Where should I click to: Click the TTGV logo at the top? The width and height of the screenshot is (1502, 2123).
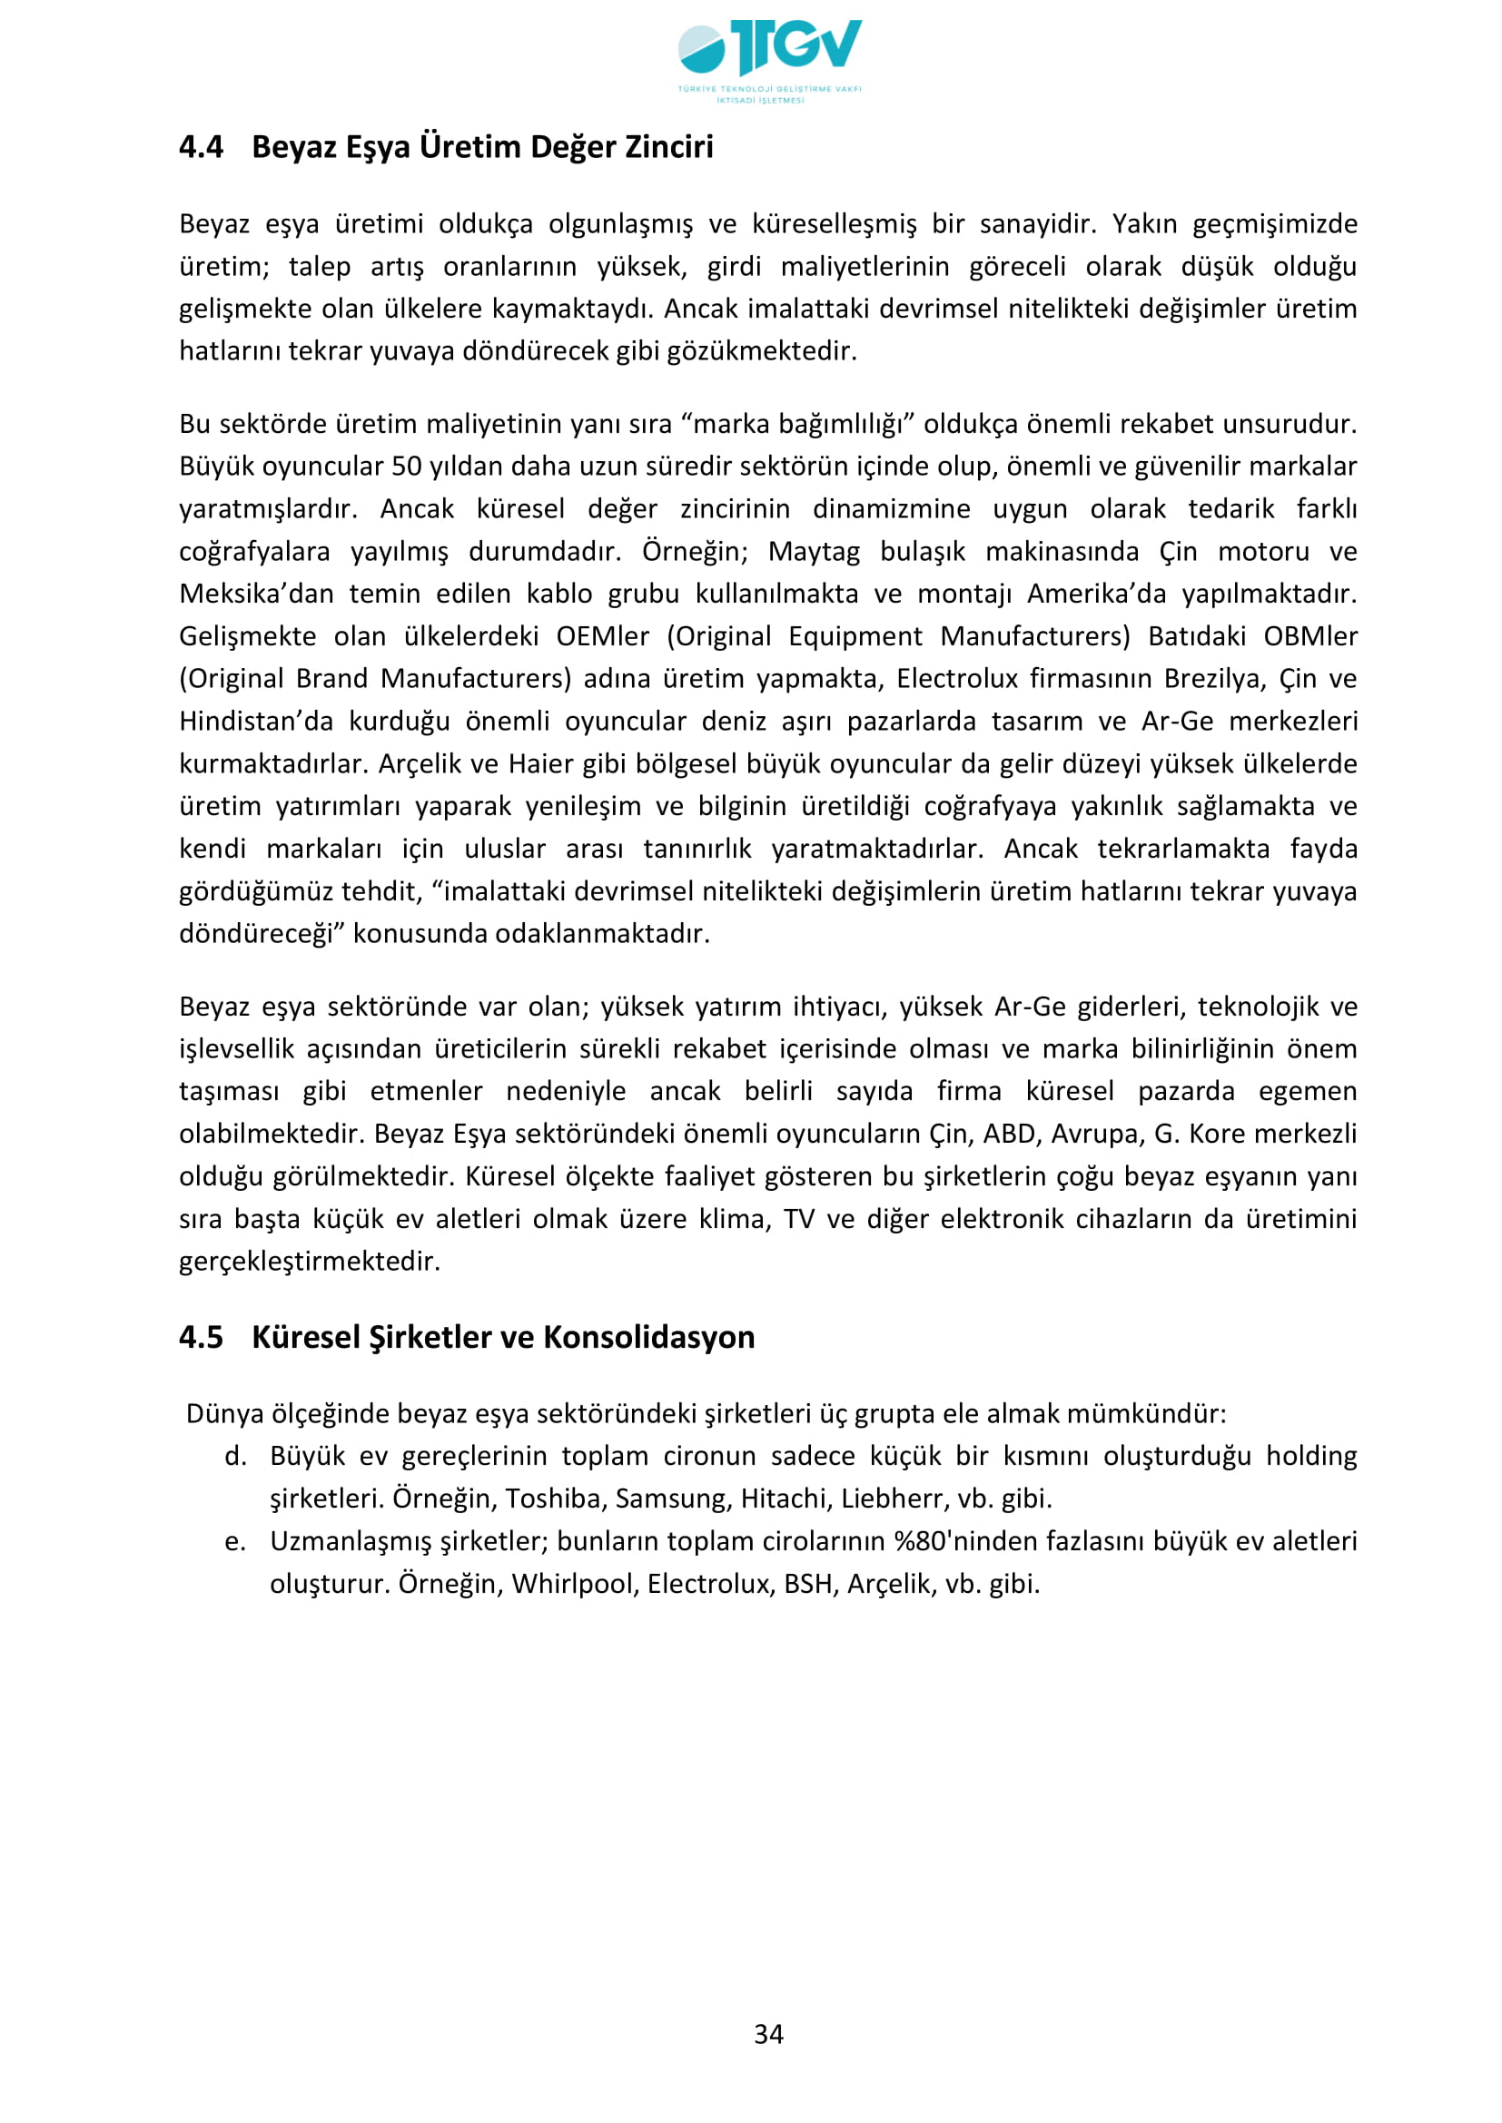tap(768, 57)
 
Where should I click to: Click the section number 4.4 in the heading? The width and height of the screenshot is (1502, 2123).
tap(201, 147)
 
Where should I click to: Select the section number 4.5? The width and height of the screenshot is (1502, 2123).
tap(201, 1338)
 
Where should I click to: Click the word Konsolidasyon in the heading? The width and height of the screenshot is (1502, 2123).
tap(649, 1338)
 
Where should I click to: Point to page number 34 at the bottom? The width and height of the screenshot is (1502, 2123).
tap(768, 2034)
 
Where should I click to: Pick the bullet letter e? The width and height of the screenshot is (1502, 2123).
tap(235, 1541)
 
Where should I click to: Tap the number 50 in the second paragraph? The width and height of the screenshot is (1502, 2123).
tap(407, 467)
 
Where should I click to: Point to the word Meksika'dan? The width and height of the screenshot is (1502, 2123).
tap(256, 595)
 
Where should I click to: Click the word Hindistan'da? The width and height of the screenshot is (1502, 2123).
tap(256, 722)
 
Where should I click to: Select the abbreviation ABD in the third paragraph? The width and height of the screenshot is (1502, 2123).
tap(1009, 1135)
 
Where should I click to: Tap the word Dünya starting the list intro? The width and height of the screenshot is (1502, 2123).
tap(224, 1414)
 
